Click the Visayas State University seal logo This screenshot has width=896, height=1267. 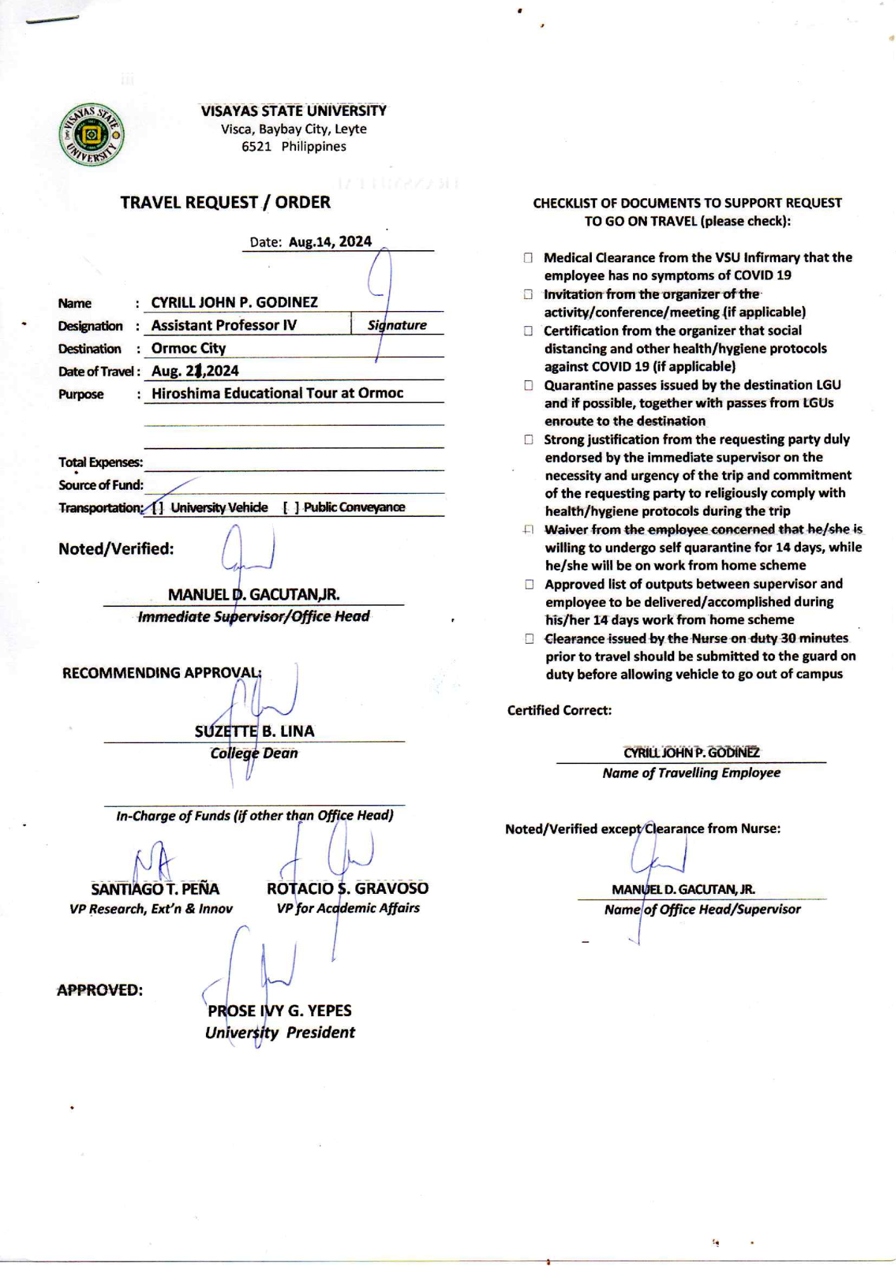click(x=91, y=135)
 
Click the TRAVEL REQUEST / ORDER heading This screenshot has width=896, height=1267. click(x=225, y=203)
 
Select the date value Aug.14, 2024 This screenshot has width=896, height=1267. click(x=330, y=242)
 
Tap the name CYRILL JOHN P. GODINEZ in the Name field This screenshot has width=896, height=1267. click(x=234, y=302)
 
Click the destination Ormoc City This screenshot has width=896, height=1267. click(x=188, y=348)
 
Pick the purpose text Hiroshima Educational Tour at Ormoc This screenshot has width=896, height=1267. click(x=277, y=393)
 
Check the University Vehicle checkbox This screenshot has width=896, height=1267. click(x=158, y=508)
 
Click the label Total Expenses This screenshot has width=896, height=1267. click(x=100, y=462)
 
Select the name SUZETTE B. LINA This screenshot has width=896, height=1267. click(x=254, y=732)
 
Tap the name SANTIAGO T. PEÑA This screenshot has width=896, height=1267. click(x=155, y=889)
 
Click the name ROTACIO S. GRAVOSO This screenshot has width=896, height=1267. click(x=347, y=889)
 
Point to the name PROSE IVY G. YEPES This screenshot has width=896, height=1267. click(x=279, y=1011)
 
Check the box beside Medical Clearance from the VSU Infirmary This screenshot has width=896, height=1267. click(x=528, y=258)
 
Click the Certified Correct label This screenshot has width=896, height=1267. click(x=559, y=711)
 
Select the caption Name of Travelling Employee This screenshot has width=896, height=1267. click(x=691, y=773)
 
